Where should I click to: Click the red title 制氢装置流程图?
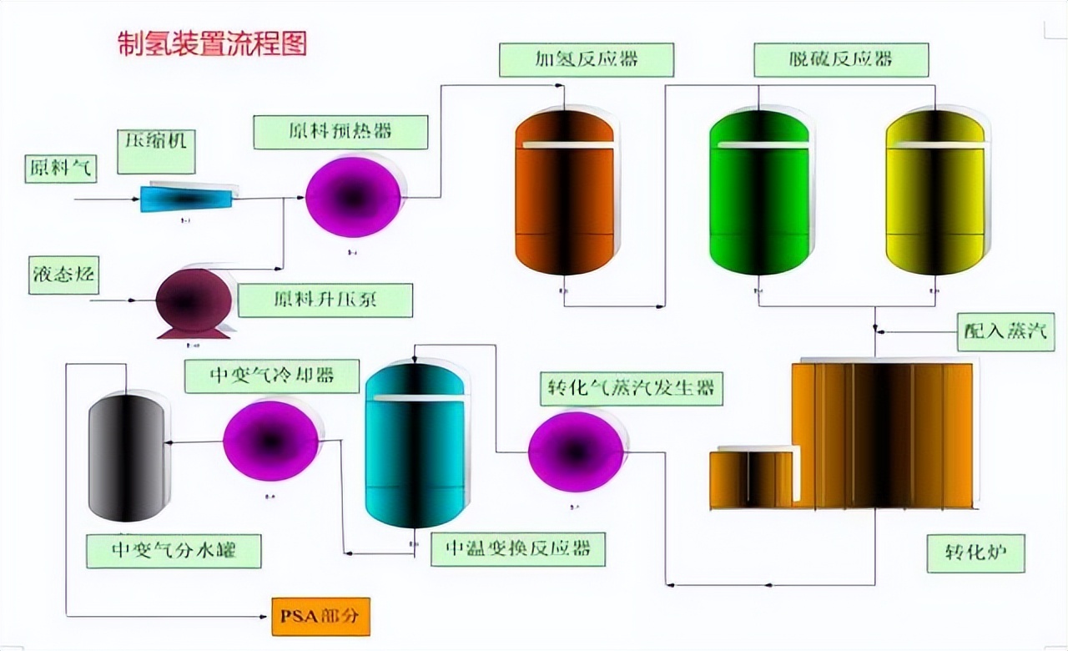coord(212,43)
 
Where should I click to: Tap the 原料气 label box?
coord(60,167)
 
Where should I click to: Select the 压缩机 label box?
coord(156,150)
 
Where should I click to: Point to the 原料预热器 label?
coord(340,132)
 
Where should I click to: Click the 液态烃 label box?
coord(64,275)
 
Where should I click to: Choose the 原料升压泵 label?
coord(325,300)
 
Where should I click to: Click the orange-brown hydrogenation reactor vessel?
coord(564,194)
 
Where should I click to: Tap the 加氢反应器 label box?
coord(586,59)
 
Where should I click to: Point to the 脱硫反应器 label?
coord(840,59)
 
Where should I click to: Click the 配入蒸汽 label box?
coord(1005,332)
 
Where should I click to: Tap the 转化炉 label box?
coord(975,553)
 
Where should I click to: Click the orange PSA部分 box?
coord(320,617)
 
